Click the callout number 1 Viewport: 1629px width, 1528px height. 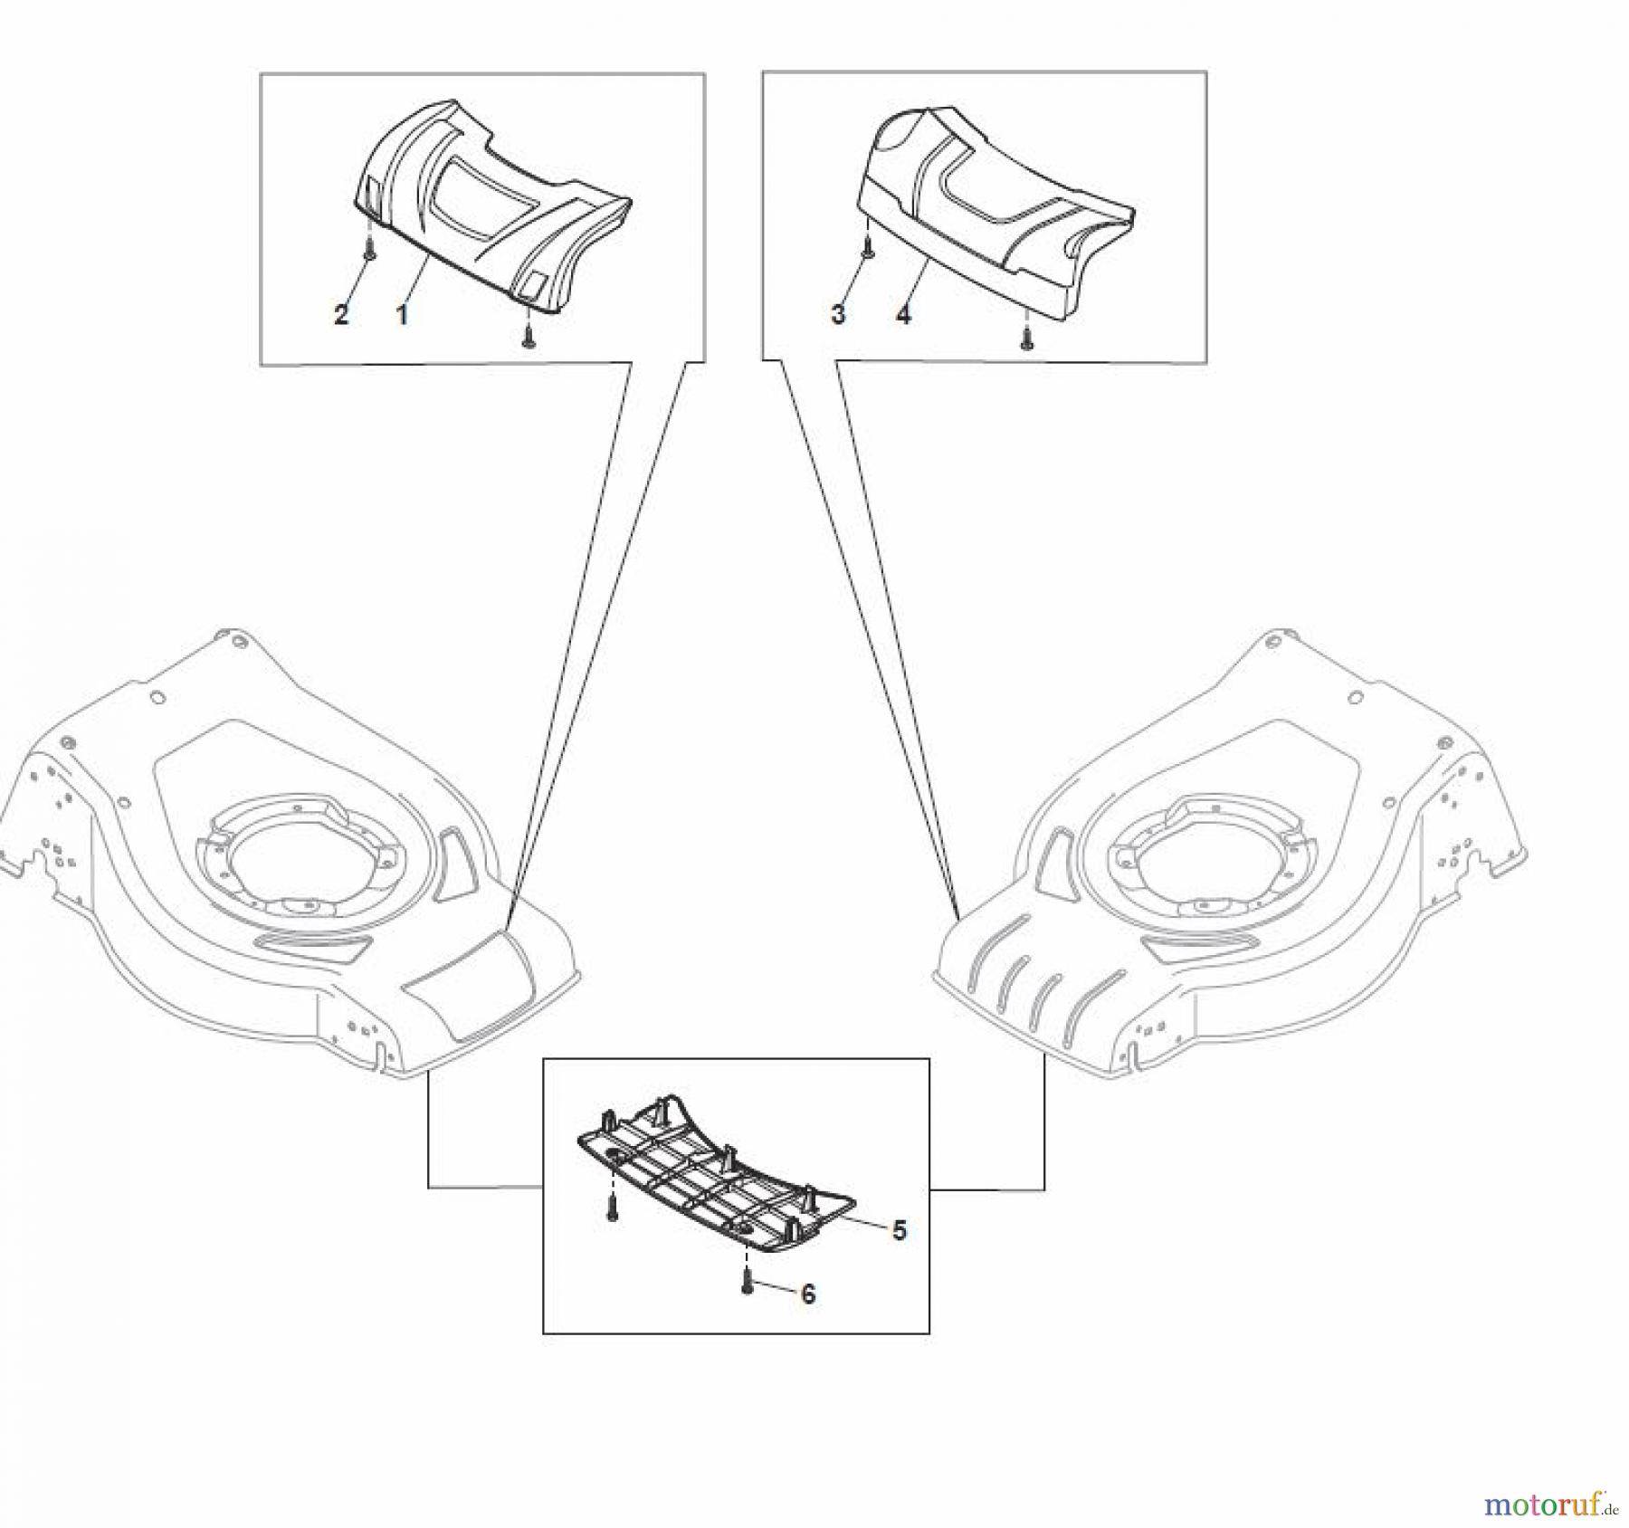402,315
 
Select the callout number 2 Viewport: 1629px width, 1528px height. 341,315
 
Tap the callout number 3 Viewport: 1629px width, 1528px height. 838,314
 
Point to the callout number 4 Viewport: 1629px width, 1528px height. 903,315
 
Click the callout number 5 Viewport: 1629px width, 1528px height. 899,1230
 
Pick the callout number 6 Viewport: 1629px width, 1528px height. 808,1294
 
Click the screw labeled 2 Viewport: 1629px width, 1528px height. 369,247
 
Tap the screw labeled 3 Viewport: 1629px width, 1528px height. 866,247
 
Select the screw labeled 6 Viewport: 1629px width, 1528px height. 748,1280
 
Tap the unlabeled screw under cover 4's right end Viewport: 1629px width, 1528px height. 1025,338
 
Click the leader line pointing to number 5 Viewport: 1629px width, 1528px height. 861,1223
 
